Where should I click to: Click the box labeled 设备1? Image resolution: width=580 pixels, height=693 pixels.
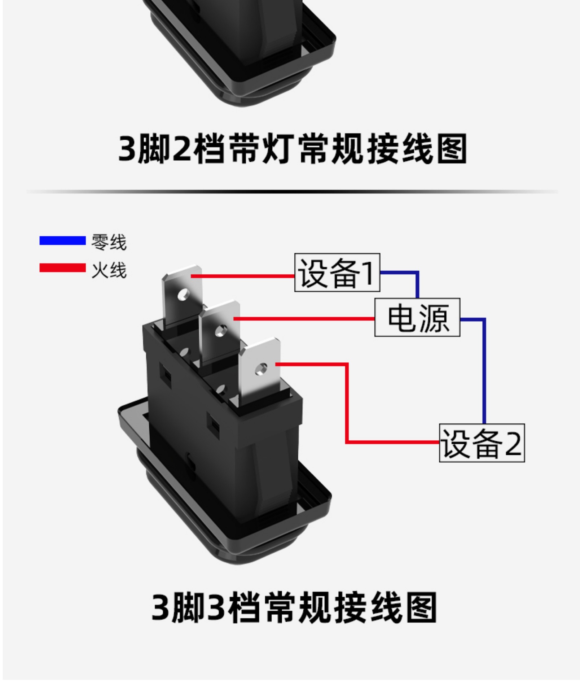pos(337,273)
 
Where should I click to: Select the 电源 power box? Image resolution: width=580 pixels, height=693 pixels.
pos(417,318)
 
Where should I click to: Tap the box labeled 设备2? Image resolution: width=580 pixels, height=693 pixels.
pos(482,443)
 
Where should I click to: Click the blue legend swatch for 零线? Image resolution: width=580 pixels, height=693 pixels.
pos(62,240)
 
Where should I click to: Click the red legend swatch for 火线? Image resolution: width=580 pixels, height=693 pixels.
pos(62,268)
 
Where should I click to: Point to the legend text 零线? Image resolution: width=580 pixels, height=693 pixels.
pos(109,242)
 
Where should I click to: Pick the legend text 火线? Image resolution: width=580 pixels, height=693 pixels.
pos(109,270)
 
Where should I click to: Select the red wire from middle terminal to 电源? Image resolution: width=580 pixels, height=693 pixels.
pos(303,319)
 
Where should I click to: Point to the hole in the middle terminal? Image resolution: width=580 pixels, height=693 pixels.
pos(220,331)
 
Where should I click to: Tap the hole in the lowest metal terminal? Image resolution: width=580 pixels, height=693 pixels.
pos(260,369)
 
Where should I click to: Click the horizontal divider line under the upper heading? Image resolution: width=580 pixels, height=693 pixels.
pos(292,191)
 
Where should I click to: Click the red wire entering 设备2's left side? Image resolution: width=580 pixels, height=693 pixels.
pos(393,442)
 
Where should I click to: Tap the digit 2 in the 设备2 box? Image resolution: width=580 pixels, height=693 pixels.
pos(513,444)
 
